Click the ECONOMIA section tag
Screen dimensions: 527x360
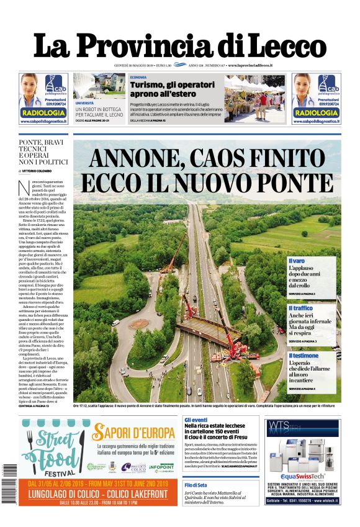pos(138,78)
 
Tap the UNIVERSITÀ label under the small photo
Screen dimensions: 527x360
pos(85,103)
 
